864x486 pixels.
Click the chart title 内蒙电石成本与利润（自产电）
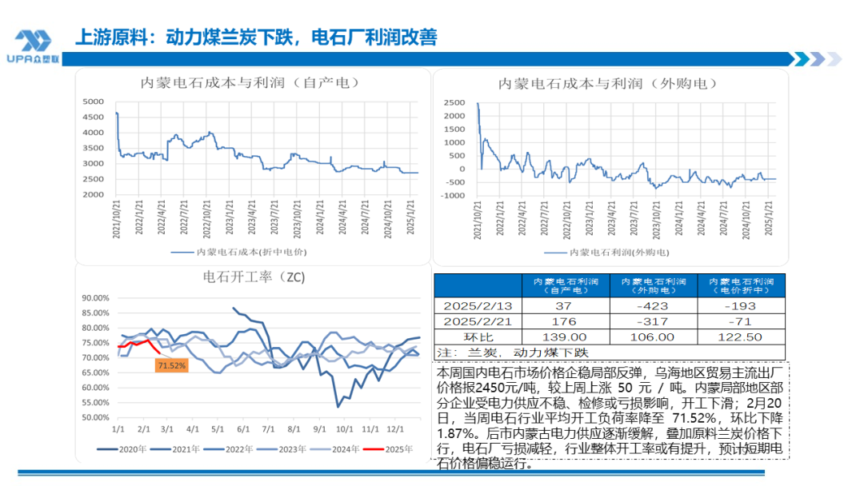tap(249, 82)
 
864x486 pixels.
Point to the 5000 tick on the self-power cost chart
tap(94, 102)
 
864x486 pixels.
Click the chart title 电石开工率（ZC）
tap(249, 277)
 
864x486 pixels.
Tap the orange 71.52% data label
tap(172, 365)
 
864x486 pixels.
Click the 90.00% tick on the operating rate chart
tap(95, 297)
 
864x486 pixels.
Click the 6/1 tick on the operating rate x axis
tap(243, 428)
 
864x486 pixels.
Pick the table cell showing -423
tap(653, 306)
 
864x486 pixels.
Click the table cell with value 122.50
tap(741, 337)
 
